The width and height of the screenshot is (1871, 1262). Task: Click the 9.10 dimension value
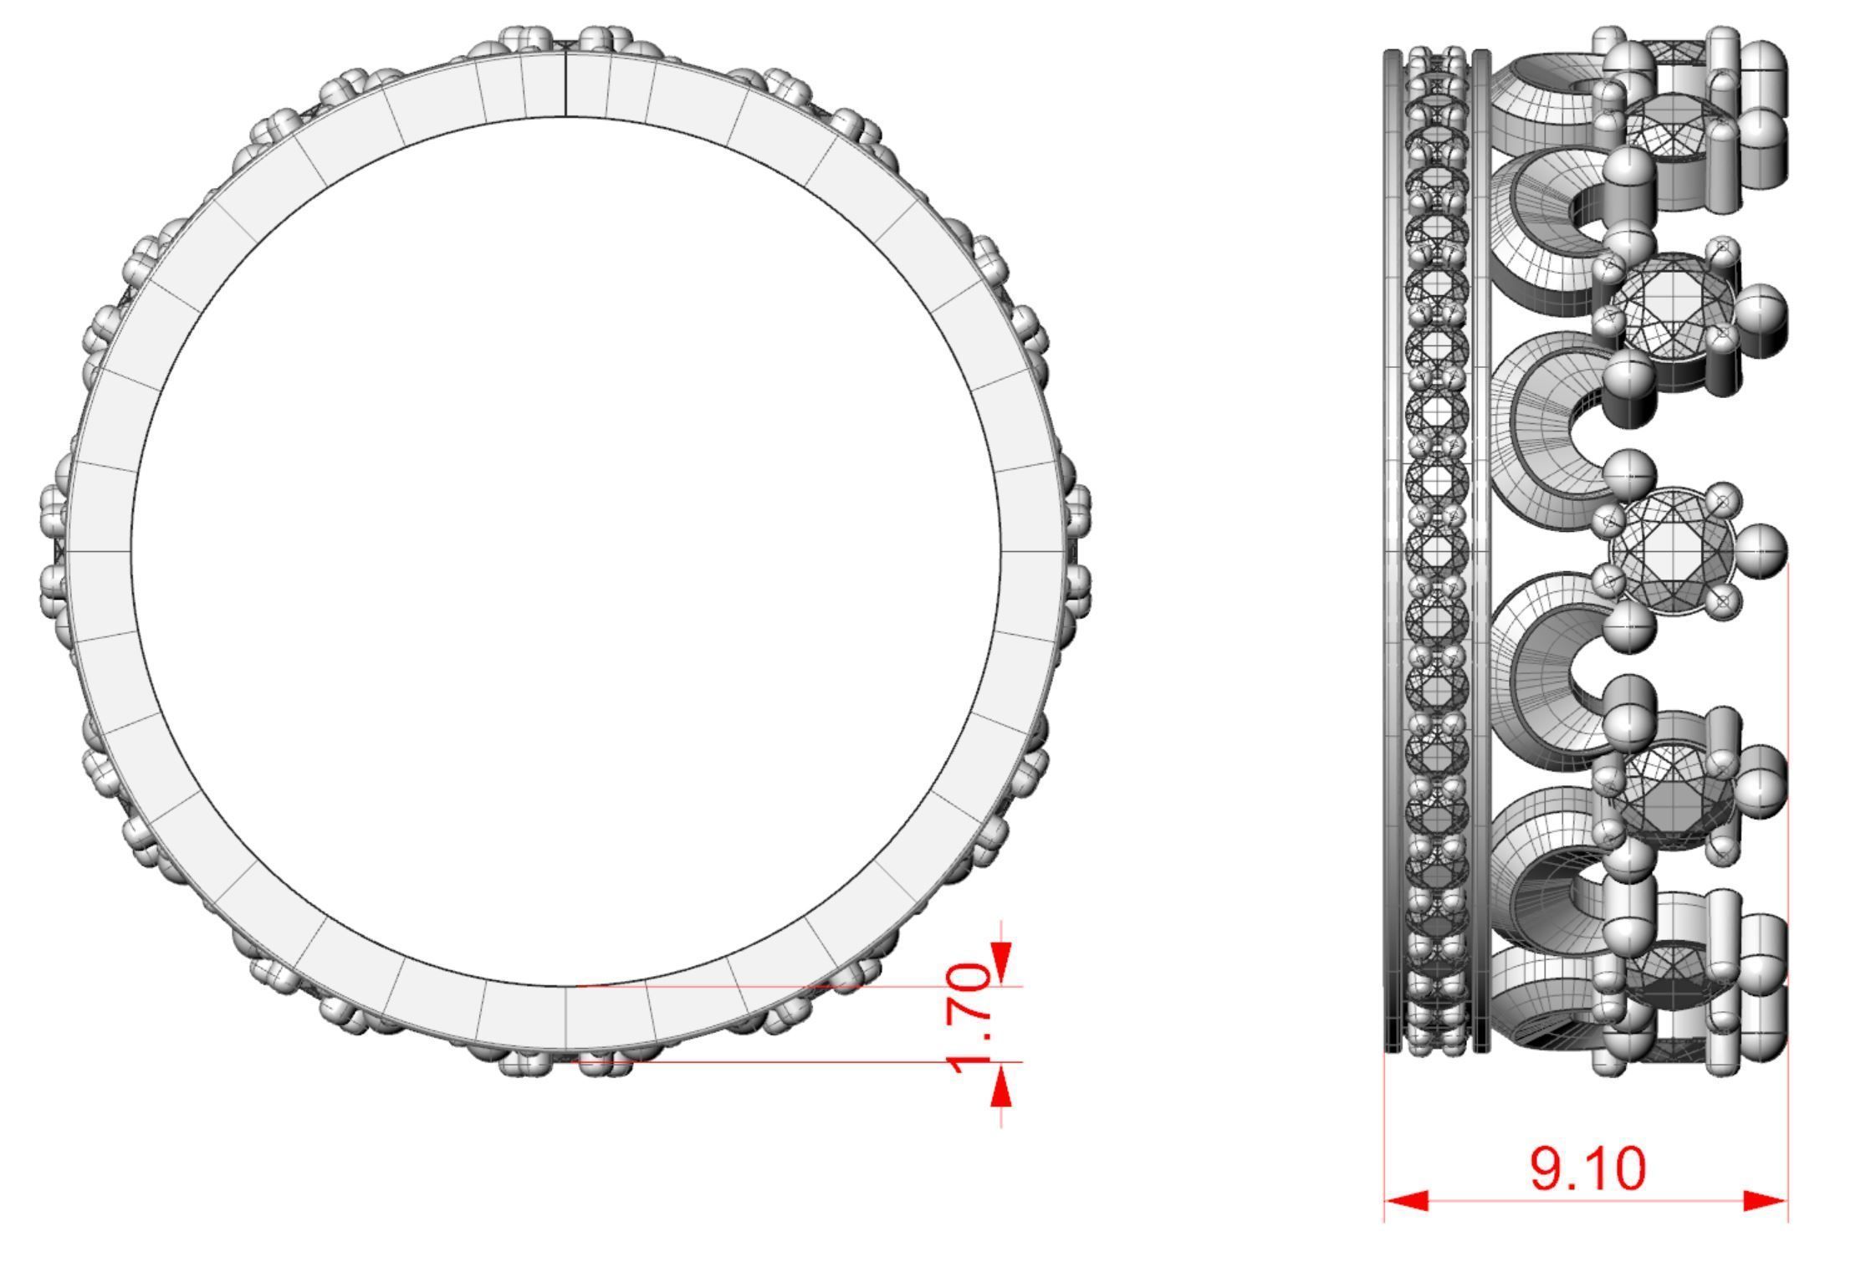[x=1587, y=1168]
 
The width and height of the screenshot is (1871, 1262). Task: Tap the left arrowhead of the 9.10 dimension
[x=1405, y=1202]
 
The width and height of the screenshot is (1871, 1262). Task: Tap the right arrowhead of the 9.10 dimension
[x=1765, y=1202]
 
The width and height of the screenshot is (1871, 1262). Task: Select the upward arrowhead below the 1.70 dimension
[x=1001, y=1087]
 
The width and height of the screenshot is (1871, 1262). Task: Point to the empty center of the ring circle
[x=567, y=552]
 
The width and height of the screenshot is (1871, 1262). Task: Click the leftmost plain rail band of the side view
[x=1393, y=552]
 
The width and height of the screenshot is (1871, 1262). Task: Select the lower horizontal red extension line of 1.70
[x=795, y=1062]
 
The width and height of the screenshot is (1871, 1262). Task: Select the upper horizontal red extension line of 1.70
[x=795, y=987]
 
